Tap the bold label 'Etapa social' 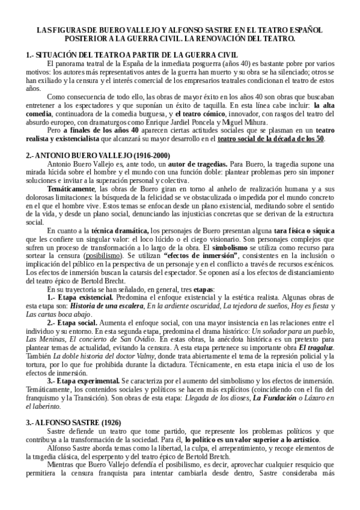pos(79,323)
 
